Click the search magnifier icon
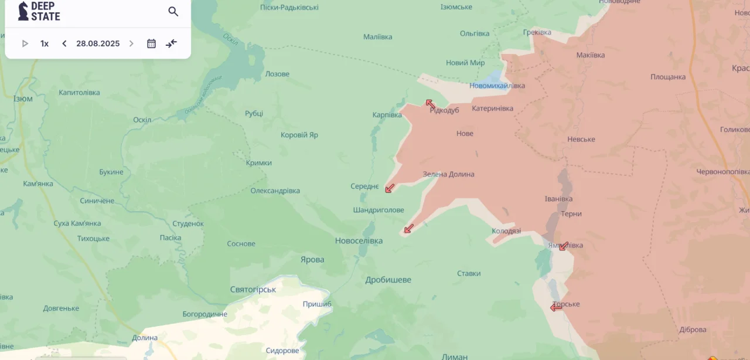tap(173, 12)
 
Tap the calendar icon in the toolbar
tap(151, 43)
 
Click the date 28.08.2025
tap(98, 43)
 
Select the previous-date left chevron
tap(64, 43)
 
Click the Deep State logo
tap(39, 11)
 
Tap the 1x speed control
tap(45, 43)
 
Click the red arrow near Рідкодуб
tap(430, 104)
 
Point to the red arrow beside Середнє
tap(390, 188)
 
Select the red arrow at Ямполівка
tap(564, 246)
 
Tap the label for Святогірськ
tap(253, 290)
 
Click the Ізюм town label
tap(23, 99)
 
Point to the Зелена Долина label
tap(448, 174)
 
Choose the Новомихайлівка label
tap(497, 86)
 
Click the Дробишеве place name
tap(388, 280)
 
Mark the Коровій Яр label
tap(299, 135)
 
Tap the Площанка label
tap(667, 77)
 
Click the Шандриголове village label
tap(379, 210)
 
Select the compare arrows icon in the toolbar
tap(171, 43)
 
